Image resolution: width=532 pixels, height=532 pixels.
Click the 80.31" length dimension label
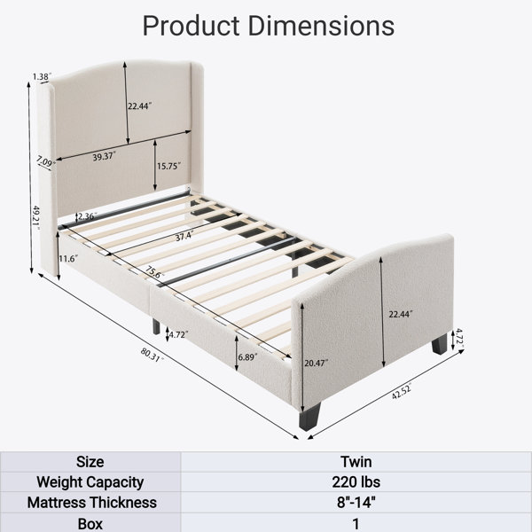[152, 355]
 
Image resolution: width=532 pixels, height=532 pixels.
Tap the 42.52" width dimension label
[402, 391]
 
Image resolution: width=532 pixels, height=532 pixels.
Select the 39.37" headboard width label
[105, 157]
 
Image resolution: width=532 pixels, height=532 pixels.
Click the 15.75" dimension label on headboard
[168, 166]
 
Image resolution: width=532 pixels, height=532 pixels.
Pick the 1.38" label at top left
[42, 76]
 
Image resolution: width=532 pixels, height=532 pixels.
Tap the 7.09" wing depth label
[46, 161]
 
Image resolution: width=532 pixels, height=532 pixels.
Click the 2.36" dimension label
[88, 216]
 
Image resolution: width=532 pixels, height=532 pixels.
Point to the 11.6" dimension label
[68, 259]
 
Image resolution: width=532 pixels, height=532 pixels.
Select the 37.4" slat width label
[184, 237]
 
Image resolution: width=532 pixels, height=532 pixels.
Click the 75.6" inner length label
[155, 272]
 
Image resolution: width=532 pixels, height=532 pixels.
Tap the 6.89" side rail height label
[247, 357]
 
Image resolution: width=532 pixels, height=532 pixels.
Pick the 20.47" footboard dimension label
[317, 363]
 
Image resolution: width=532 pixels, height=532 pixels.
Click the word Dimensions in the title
[321, 26]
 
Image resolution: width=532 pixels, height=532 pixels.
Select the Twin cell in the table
[356, 462]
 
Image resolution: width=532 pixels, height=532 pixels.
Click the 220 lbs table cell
[356, 481]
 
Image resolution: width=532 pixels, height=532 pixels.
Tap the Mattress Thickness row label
[92, 503]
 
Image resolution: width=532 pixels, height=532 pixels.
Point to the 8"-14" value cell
[356, 503]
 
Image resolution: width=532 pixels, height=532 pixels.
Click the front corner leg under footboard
[309, 417]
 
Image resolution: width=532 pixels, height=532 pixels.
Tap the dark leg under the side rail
[156, 326]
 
